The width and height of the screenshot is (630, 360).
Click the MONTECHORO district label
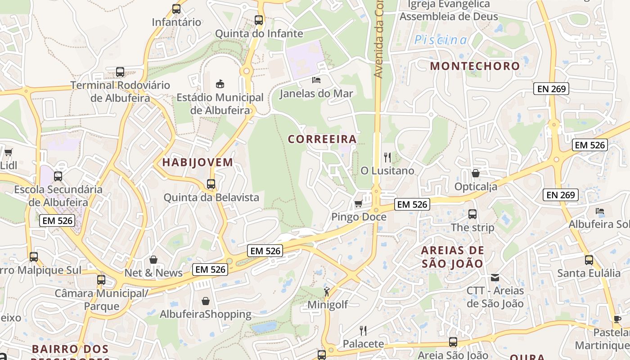pyautogui.click(x=475, y=66)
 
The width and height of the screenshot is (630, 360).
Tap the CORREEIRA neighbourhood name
pyautogui.click(x=322, y=139)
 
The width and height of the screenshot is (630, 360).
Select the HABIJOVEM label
pyautogui.click(x=198, y=162)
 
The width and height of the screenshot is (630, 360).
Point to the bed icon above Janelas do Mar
pyautogui.click(x=316, y=80)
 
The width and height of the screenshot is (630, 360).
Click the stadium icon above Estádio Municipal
pyautogui.click(x=220, y=84)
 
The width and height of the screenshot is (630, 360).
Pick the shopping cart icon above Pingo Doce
pyautogui.click(x=359, y=203)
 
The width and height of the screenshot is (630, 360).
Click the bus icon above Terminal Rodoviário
pyautogui.click(x=120, y=72)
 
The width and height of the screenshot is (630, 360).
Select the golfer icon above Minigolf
pyautogui.click(x=327, y=291)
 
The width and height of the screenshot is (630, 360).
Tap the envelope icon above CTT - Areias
pyautogui.click(x=495, y=277)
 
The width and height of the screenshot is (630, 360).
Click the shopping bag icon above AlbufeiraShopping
pyautogui.click(x=206, y=301)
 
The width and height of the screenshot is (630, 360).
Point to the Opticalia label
pyautogui.click(x=476, y=186)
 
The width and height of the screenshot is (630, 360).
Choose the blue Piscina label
pyautogui.click(x=441, y=40)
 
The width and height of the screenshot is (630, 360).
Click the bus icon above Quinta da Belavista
pyautogui.click(x=211, y=184)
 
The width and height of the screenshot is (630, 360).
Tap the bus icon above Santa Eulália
pyautogui.click(x=589, y=260)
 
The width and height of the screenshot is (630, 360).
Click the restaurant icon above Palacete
pyautogui.click(x=363, y=331)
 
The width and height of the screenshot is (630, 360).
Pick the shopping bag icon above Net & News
pyautogui.click(x=153, y=260)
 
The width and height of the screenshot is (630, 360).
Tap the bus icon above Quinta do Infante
pyautogui.click(x=258, y=20)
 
